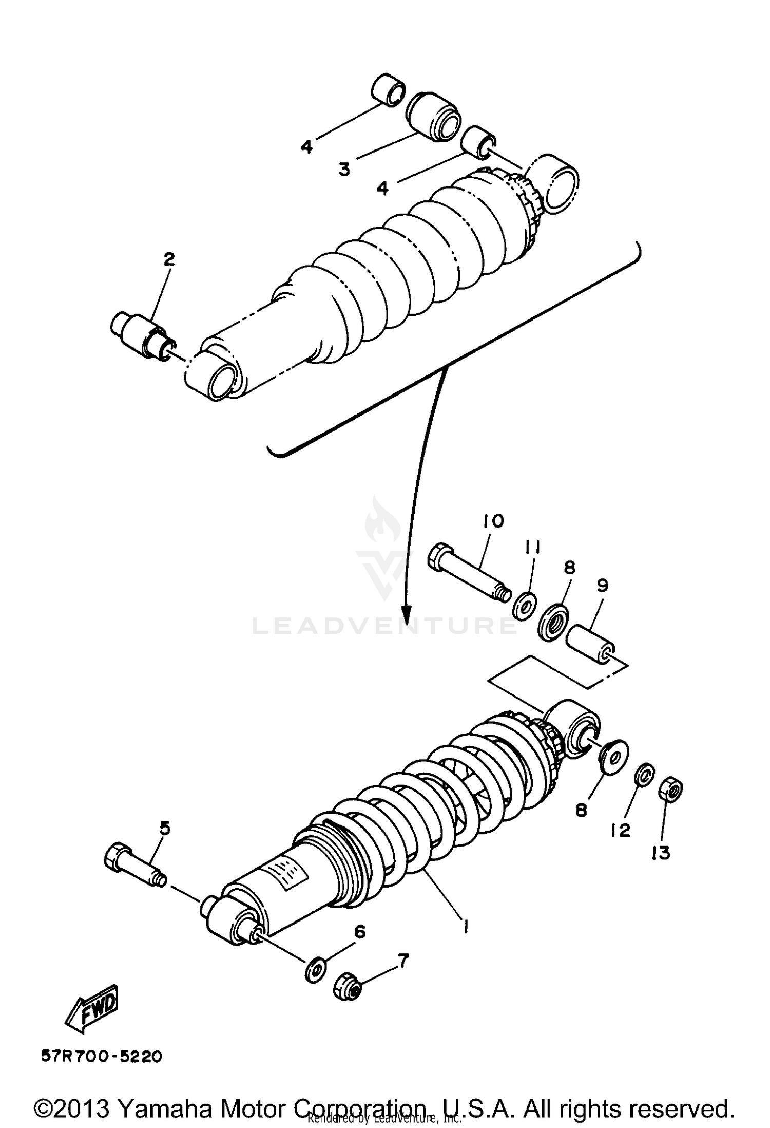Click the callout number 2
pyautogui.click(x=169, y=259)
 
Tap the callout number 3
pyautogui.click(x=344, y=168)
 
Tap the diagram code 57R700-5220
pyautogui.click(x=101, y=1057)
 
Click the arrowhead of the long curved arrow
pyautogui.click(x=407, y=614)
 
